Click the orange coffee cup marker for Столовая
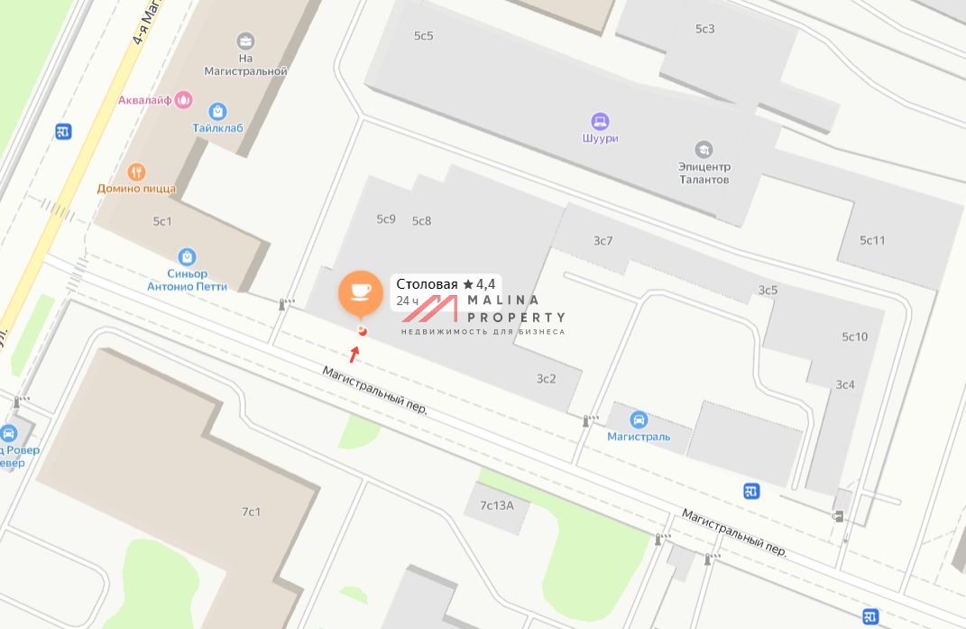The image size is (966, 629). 360,291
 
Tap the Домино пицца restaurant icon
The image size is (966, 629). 136,171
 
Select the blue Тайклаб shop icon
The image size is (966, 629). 217,111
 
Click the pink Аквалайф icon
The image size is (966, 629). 184,98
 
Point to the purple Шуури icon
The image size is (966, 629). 600,121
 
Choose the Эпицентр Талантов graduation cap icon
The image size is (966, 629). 704,149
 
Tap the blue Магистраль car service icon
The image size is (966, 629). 639,420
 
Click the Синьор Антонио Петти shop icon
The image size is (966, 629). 188,257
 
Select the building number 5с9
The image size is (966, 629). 386,219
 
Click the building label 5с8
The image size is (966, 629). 421,221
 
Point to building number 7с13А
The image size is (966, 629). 496,505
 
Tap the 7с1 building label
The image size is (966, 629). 251,512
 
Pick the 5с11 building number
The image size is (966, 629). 872,240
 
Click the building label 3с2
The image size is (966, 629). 547,378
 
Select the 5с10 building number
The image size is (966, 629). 854,337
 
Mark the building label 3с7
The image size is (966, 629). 603,240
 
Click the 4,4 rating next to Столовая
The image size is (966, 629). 485,284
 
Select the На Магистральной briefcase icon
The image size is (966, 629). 245,41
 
